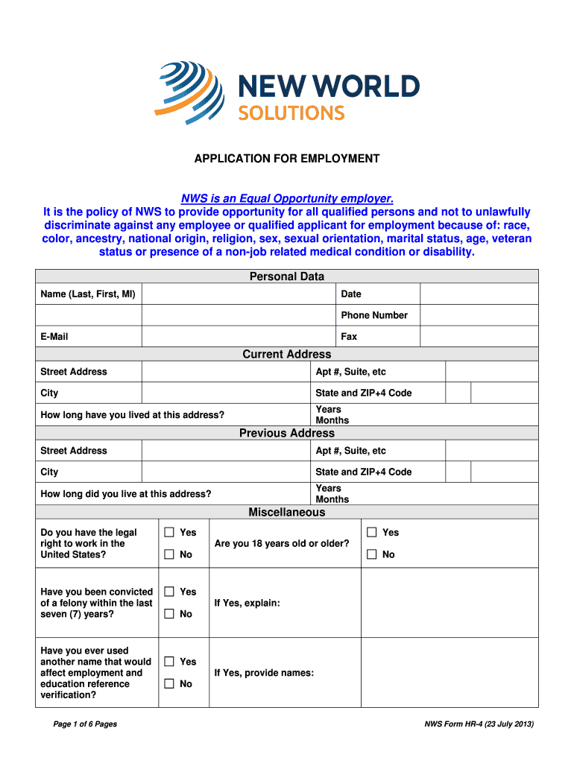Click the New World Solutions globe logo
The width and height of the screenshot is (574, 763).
[189, 92]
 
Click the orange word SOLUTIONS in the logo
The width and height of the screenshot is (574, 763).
[291, 113]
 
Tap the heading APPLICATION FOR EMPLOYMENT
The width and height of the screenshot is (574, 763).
[287, 159]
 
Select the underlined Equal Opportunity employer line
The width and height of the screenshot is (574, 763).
[287, 199]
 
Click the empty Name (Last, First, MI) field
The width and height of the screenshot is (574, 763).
[238, 294]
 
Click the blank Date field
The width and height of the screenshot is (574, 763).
[478, 294]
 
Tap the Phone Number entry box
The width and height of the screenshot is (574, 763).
[478, 315]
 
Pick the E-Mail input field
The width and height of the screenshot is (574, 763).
[238, 337]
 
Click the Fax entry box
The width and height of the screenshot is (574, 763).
[478, 337]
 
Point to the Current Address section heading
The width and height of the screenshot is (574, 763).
[287, 355]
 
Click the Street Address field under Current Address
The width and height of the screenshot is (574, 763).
[226, 372]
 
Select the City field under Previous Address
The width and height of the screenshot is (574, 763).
[226, 472]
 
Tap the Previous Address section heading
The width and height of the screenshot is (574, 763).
[287, 433]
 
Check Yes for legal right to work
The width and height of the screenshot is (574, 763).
[169, 532]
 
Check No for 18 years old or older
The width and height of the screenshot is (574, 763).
[372, 554]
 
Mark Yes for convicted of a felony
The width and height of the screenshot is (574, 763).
[169, 592]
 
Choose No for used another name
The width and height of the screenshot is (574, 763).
[169, 684]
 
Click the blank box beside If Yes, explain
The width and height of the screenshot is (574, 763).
[449, 603]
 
